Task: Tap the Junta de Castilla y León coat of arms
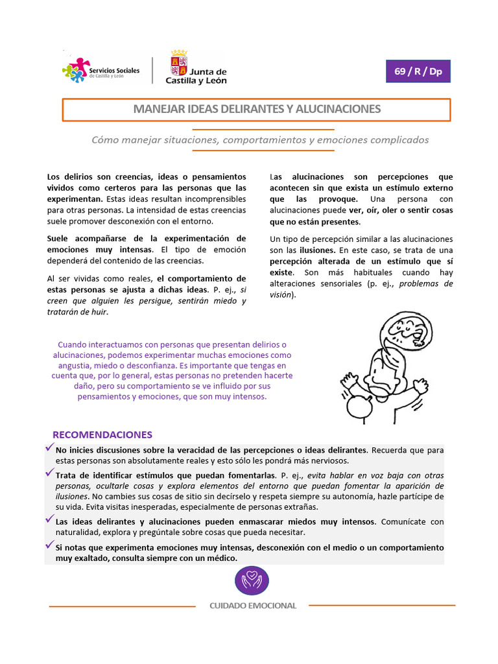coord(179,63)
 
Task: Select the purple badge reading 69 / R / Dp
coord(418,71)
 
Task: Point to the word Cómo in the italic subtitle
coord(106,139)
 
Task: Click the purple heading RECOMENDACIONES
coord(102,434)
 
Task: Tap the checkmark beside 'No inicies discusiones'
coord(49,448)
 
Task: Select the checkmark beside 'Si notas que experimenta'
coord(49,545)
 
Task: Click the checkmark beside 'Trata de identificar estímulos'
coord(49,473)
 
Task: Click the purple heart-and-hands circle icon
coord(251,580)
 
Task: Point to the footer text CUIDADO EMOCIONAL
coord(252,606)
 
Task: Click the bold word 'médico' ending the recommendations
coord(221,558)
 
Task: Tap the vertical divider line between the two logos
coord(152,70)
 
